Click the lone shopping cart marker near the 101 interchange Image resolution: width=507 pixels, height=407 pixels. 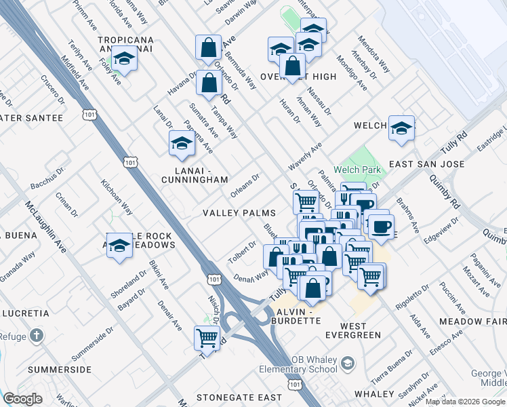click(207, 337)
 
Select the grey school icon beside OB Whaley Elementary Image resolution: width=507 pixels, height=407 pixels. click(347, 364)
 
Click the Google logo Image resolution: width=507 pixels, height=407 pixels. click(22, 399)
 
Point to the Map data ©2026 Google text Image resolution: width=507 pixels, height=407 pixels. click(465, 402)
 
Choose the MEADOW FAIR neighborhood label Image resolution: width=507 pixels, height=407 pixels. click(472, 321)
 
